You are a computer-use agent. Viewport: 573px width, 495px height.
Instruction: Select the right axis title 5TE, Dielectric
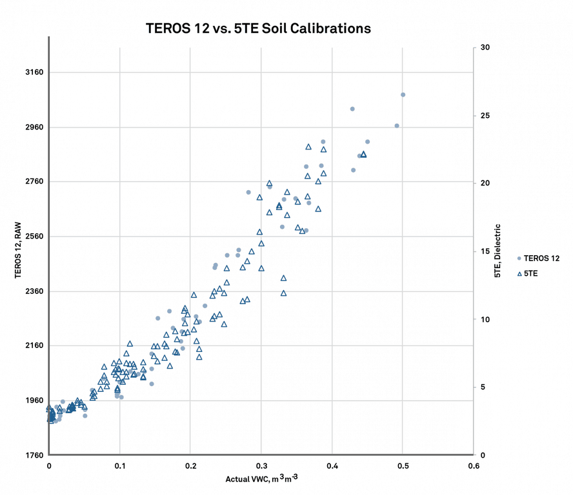click(x=498, y=251)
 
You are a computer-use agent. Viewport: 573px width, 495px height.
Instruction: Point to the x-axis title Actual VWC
click(x=261, y=480)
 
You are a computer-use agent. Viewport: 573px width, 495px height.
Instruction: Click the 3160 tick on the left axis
click(x=33, y=72)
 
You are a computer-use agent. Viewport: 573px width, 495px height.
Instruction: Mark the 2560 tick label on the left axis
click(x=33, y=237)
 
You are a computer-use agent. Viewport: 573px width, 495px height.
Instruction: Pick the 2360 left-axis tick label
click(x=33, y=291)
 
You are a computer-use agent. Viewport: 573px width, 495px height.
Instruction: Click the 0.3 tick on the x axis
click(x=261, y=465)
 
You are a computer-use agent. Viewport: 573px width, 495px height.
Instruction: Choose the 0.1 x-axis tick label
click(x=119, y=465)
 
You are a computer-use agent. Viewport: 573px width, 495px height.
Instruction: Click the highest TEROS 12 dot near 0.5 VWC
click(x=403, y=95)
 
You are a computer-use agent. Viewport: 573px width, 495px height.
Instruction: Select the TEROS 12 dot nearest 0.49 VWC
click(x=397, y=126)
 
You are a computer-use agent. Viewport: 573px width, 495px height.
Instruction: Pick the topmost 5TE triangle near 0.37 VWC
click(x=308, y=147)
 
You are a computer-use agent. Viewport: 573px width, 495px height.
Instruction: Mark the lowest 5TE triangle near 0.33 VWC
click(x=283, y=293)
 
